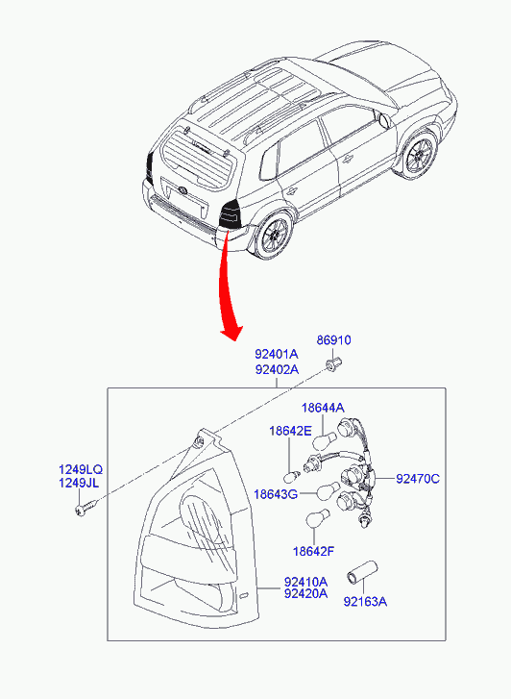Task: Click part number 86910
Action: tap(333, 339)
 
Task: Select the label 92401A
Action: tap(277, 354)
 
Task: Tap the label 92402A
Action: tap(277, 369)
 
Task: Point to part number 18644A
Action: tap(323, 408)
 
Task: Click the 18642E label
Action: tap(290, 431)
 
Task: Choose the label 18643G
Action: tap(276, 494)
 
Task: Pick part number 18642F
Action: tap(313, 552)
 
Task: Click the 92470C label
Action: tap(418, 479)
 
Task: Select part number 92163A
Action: tap(365, 601)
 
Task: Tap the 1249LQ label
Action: tap(81, 469)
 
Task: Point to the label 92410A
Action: tap(305, 582)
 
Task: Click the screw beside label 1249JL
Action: tap(86, 508)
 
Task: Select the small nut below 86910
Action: tap(332, 363)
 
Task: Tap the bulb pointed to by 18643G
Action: tap(328, 491)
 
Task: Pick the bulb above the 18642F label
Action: tap(317, 518)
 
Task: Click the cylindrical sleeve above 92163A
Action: tap(362, 572)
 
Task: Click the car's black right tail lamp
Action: tap(230, 214)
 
